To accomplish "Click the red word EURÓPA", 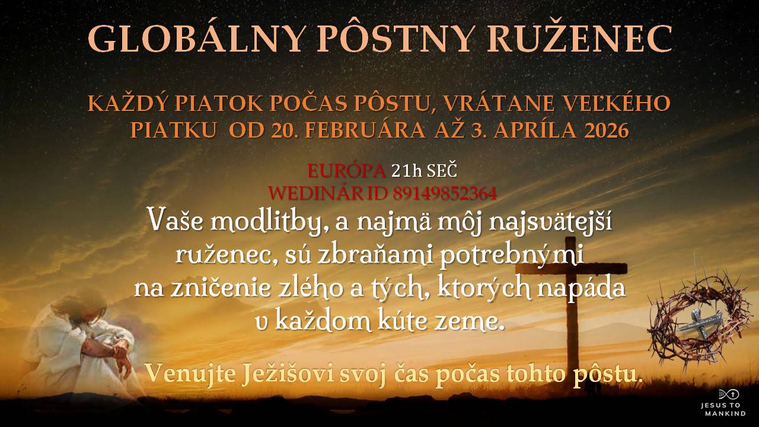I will pos(346,171).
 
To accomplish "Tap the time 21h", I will pos(407,171).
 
